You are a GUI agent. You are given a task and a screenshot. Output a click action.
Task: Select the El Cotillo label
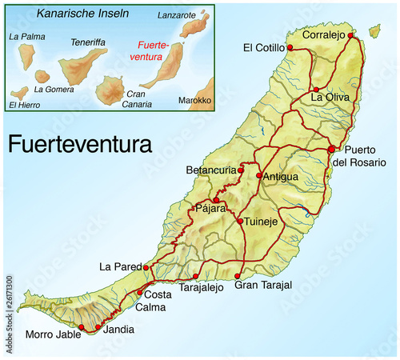tap(262, 48)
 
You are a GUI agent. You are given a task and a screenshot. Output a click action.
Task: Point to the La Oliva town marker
tap(317, 90)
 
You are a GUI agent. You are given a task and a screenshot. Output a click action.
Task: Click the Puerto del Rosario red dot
tap(331, 149)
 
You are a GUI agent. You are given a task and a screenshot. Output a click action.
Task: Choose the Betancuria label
tap(211, 170)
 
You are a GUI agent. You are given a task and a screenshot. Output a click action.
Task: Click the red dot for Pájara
tap(215, 200)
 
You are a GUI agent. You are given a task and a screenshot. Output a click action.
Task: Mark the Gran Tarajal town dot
tap(237, 277)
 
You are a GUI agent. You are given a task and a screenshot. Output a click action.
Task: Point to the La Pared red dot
tap(146, 267)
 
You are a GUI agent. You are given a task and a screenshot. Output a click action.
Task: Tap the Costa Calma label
tap(152, 302)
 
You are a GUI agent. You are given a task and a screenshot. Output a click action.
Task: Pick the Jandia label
tap(119, 329)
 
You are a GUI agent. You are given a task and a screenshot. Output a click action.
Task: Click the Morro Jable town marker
tap(82, 327)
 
